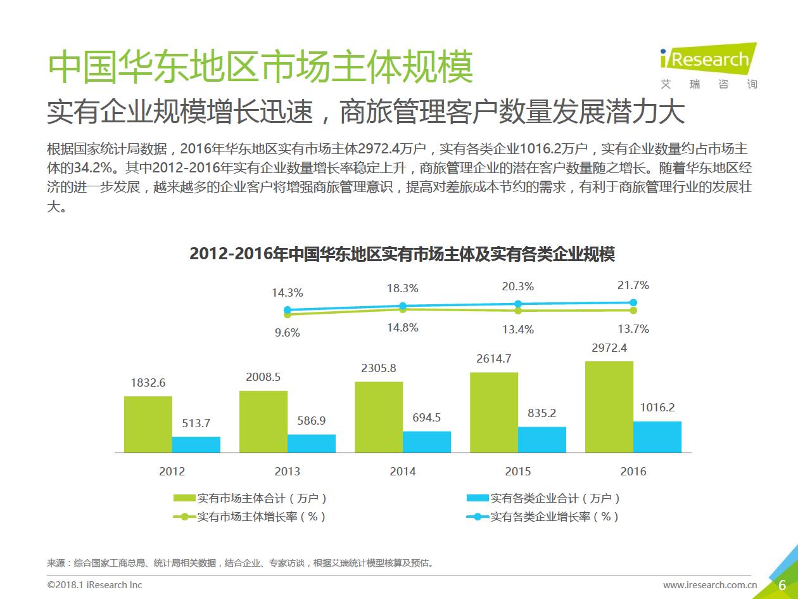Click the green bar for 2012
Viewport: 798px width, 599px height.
click(x=148, y=424)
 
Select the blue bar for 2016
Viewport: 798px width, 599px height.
click(x=657, y=437)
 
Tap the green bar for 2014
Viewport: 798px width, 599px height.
click(x=379, y=417)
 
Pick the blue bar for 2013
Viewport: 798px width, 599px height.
click(x=312, y=443)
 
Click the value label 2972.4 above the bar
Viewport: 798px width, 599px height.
click(x=609, y=348)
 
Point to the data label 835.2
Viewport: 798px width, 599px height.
click(x=541, y=413)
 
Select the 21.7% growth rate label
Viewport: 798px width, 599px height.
click(x=633, y=286)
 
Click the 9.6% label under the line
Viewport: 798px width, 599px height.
click(x=287, y=333)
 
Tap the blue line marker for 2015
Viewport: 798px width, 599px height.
click(x=518, y=304)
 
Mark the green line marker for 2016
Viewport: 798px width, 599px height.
click(x=633, y=310)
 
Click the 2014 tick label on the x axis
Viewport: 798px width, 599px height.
click(x=403, y=472)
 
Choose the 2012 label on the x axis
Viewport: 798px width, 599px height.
click(x=172, y=472)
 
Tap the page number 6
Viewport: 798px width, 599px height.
click(x=782, y=584)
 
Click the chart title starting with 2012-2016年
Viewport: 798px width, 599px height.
click(x=402, y=254)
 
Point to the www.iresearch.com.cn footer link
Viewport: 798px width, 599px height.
click(x=710, y=584)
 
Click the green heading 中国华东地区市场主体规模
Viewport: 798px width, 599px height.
click(x=260, y=67)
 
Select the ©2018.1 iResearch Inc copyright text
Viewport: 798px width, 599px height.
click(x=95, y=584)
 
